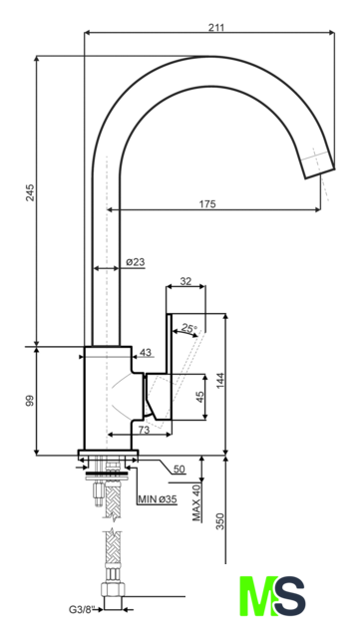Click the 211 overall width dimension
(216, 27)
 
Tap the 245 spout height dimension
(30, 192)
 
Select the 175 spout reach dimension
(207, 203)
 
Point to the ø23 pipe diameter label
(136, 262)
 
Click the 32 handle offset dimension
(185, 281)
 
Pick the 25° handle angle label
(189, 328)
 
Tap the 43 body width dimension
(146, 352)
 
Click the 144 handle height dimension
(220, 381)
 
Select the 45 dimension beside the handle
(199, 397)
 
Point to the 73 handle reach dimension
(145, 430)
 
